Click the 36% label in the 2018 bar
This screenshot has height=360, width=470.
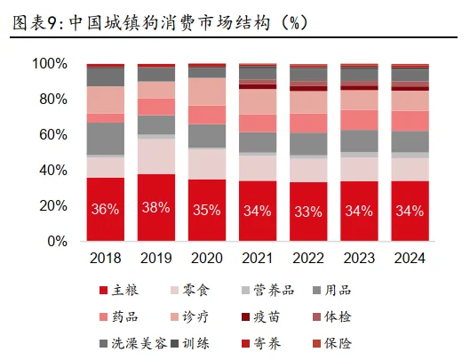pyautogui.click(x=105, y=211)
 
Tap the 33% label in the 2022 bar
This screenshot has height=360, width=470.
pyautogui.click(x=308, y=211)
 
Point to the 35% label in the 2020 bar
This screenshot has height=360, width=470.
pyautogui.click(x=207, y=211)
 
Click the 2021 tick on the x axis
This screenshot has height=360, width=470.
pyautogui.click(x=258, y=258)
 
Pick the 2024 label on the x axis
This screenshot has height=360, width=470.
pyautogui.click(x=410, y=258)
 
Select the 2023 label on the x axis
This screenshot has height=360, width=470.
pyautogui.click(x=359, y=258)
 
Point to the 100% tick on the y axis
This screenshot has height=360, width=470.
pyautogui.click(x=49, y=64)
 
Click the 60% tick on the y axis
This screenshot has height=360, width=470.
pyautogui.click(x=52, y=134)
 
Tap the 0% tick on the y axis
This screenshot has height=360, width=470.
pyautogui.click(x=56, y=241)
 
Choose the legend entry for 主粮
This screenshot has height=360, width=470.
pyautogui.click(x=119, y=291)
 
